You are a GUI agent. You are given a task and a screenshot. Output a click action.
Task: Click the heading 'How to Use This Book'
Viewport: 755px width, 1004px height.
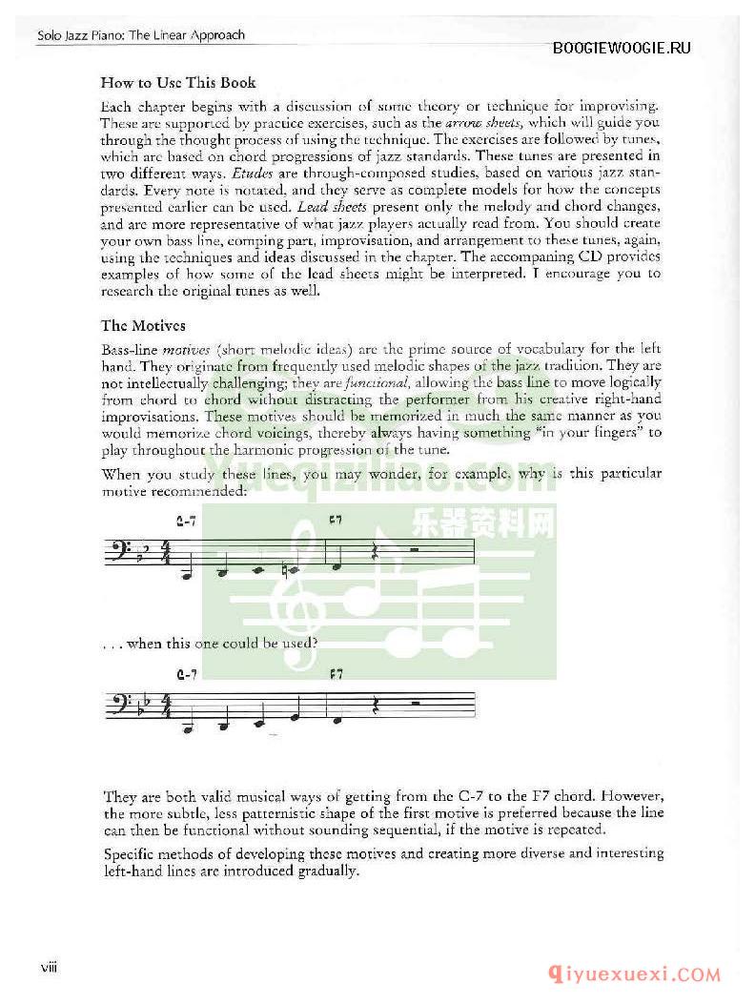point(178,83)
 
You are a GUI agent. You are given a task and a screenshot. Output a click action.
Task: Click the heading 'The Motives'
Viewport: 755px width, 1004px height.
point(143,325)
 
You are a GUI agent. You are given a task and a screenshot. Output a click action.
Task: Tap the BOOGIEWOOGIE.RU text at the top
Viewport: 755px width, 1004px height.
point(622,49)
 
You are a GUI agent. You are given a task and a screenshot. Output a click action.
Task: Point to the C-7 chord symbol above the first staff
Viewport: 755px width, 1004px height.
point(187,521)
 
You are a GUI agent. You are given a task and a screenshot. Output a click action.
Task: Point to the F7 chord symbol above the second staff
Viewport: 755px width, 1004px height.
point(336,674)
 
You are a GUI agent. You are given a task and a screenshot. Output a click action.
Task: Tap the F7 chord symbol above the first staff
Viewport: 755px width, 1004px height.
point(335,520)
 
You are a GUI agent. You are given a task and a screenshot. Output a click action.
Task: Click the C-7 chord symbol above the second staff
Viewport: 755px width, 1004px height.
point(187,675)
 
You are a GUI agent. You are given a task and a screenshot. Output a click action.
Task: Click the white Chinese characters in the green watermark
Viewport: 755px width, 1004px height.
point(482,523)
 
